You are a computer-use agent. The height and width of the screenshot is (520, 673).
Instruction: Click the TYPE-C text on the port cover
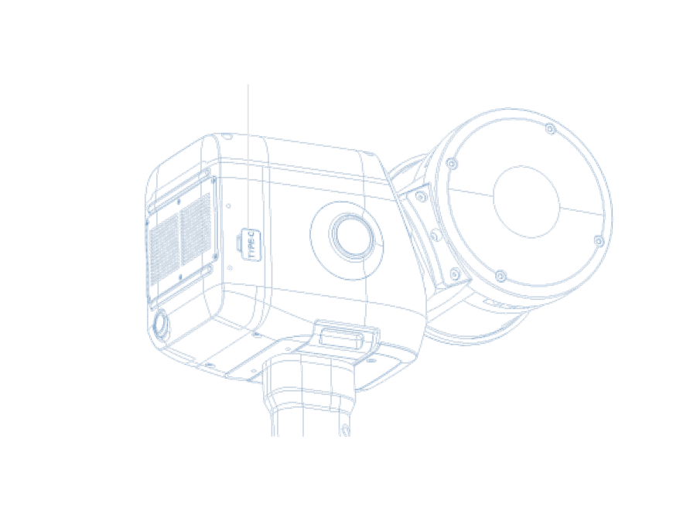(x=252, y=244)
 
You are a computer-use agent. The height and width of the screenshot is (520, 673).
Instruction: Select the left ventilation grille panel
(x=164, y=249)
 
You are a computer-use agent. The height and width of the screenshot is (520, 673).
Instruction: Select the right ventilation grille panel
(x=195, y=229)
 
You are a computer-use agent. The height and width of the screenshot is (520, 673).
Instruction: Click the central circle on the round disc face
(x=526, y=202)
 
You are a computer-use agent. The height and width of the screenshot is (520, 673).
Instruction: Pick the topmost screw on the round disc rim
(x=550, y=128)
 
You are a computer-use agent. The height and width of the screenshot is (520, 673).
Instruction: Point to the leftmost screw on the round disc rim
(x=452, y=163)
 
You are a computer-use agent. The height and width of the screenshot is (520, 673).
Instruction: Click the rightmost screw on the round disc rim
(x=600, y=241)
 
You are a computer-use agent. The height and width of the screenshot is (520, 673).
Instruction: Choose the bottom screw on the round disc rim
(x=500, y=276)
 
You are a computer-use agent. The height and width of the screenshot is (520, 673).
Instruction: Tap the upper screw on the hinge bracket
(x=420, y=196)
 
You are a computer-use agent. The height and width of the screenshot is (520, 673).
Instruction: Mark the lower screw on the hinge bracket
(x=455, y=273)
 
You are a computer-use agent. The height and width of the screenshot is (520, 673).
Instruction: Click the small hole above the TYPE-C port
(x=228, y=206)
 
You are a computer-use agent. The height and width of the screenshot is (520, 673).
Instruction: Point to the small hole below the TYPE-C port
(x=230, y=267)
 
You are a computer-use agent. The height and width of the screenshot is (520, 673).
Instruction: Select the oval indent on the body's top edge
(x=227, y=136)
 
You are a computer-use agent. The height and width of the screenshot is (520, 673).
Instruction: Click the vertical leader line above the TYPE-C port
(x=248, y=157)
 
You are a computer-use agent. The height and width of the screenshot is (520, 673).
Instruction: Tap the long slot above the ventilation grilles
(x=179, y=192)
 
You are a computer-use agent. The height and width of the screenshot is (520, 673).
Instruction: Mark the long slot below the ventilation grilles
(x=180, y=286)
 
